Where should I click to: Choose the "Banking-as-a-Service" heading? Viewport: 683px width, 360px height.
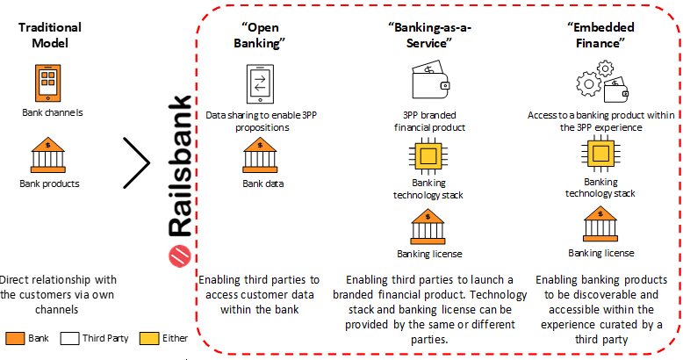[x=430, y=35]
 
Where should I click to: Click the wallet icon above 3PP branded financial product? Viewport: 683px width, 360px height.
[x=430, y=83]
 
